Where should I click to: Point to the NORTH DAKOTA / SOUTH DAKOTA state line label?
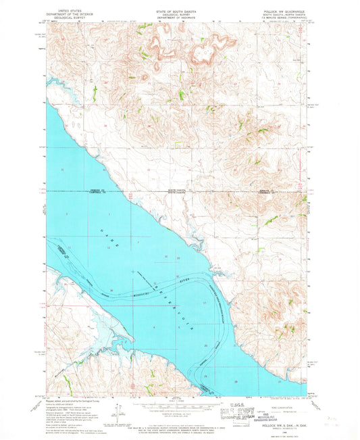pyautogui.click(x=180, y=192)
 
